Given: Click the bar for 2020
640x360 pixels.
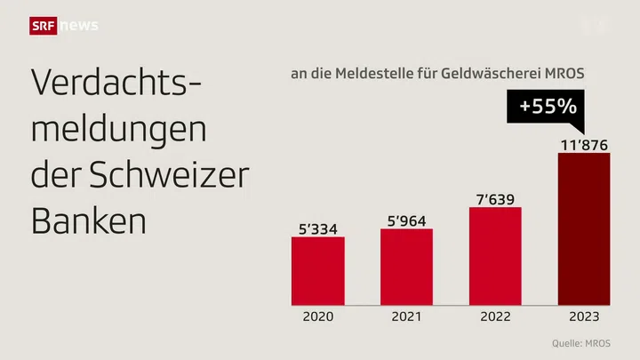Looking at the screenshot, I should point(318,269).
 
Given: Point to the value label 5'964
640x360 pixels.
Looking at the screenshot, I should point(406,220).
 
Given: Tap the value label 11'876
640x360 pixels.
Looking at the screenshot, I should point(584,143).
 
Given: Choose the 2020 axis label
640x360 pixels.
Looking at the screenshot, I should point(318,316).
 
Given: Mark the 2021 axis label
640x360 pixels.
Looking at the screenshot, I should point(406,316).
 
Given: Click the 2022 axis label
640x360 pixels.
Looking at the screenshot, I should point(495,316).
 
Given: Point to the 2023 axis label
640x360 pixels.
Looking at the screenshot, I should point(584,316).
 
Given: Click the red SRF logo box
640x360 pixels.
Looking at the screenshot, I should point(44,26).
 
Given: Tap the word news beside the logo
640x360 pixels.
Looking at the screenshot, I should point(78,26).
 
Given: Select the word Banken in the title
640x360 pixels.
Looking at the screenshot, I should point(88,220).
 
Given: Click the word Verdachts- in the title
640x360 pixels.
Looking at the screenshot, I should point(116,84).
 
